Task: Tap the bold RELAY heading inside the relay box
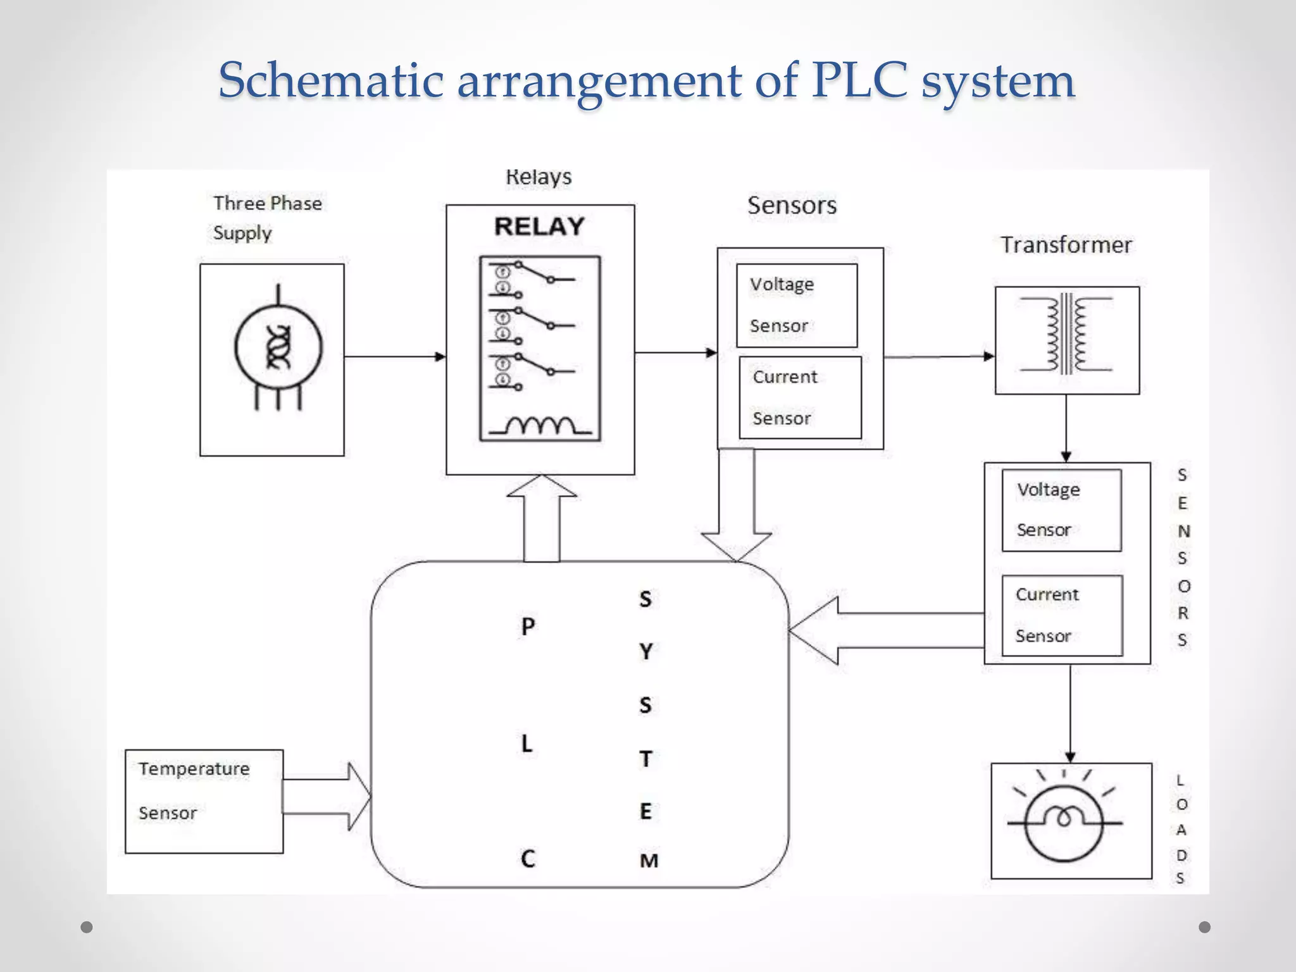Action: tap(539, 227)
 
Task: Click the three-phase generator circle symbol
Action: tap(278, 348)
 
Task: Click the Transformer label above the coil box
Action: tap(1066, 245)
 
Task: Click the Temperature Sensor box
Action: tap(204, 801)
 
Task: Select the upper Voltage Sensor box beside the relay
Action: tap(797, 305)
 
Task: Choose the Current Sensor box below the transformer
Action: tap(1062, 615)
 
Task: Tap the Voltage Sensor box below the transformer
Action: tap(1061, 510)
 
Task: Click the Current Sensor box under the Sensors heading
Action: tap(800, 397)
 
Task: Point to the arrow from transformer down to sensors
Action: tap(1066, 428)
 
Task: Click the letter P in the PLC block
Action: tap(528, 626)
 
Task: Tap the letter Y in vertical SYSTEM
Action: tap(645, 651)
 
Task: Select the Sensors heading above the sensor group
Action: tap(792, 206)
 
